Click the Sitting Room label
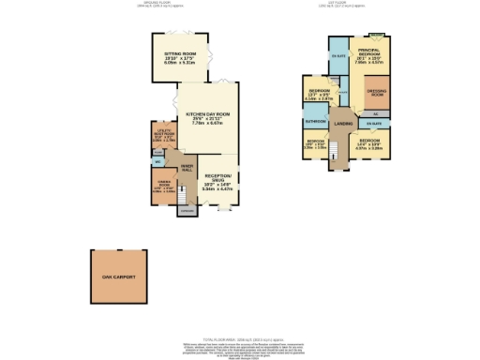tap(180, 54)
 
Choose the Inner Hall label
tap(187, 167)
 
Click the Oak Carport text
tap(119, 278)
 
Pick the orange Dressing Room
tap(378, 94)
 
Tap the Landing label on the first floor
tap(343, 124)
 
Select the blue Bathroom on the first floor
tap(315, 122)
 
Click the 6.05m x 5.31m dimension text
tap(180, 65)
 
